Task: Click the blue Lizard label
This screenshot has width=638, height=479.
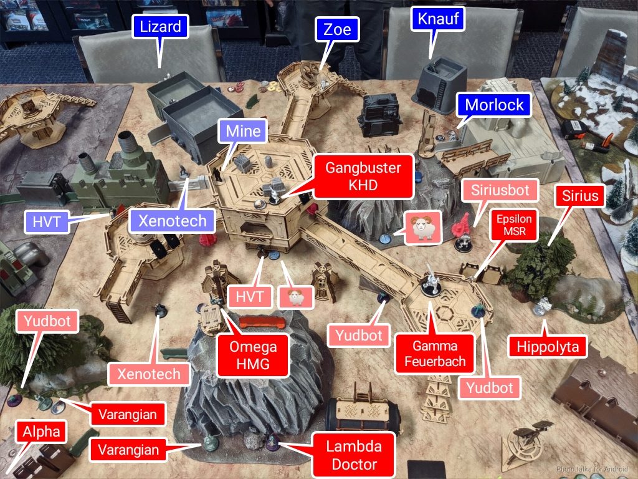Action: tap(160, 27)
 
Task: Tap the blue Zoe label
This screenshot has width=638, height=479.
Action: tap(337, 29)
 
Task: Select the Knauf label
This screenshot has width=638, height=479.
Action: tap(438, 19)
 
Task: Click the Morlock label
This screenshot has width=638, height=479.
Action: tap(494, 105)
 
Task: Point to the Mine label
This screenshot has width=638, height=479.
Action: tap(243, 131)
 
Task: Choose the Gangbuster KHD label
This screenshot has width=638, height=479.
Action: tap(363, 177)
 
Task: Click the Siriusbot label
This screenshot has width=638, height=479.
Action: tap(500, 190)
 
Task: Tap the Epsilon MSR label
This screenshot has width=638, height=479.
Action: tap(514, 225)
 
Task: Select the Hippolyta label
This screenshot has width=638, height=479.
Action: tap(548, 347)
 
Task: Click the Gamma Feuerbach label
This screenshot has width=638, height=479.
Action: tap(434, 354)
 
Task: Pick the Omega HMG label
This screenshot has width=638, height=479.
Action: tap(253, 355)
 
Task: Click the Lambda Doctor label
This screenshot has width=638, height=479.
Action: tap(354, 455)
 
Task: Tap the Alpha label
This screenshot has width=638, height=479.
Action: tap(41, 432)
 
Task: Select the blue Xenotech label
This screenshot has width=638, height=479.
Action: tap(172, 221)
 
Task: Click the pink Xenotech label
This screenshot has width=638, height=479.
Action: tap(148, 374)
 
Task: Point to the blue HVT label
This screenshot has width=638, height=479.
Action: tap(46, 222)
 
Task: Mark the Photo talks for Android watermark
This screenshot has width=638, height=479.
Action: tap(592, 469)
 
